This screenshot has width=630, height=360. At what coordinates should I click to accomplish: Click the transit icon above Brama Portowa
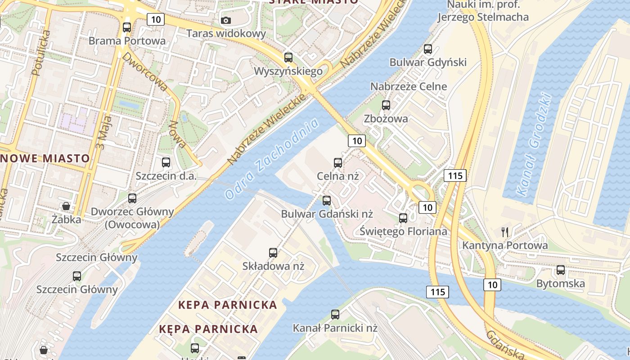point(127,27)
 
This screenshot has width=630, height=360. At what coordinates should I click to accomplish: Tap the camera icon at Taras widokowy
point(226,20)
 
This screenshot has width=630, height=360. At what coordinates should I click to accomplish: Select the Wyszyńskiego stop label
point(288,71)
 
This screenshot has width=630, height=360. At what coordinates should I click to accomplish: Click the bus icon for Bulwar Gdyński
point(428,49)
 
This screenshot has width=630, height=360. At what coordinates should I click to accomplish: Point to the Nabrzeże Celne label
point(409,86)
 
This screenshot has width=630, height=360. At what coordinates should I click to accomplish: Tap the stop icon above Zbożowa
point(386,105)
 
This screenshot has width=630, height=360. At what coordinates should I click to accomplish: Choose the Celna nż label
point(338,175)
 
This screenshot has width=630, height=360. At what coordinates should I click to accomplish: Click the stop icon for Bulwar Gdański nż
point(327,200)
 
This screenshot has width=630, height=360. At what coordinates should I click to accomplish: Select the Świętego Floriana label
point(403,231)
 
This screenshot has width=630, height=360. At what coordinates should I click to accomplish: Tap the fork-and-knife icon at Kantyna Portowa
point(505,232)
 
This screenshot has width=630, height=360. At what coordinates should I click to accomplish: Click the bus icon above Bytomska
point(560,270)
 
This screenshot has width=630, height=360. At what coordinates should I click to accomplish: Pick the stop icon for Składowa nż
point(273,252)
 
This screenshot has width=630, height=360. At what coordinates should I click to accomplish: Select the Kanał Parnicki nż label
point(335,328)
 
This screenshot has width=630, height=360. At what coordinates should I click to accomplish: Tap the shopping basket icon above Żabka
point(66,206)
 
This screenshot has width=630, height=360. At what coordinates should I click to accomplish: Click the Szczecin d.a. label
point(166,175)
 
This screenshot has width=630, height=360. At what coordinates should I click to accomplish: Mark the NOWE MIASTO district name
point(45,158)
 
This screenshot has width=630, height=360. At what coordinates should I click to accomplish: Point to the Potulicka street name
point(40,52)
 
